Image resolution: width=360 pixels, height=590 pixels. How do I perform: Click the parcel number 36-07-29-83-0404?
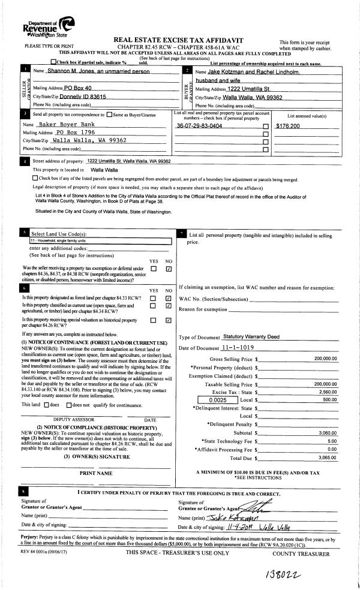[200, 126]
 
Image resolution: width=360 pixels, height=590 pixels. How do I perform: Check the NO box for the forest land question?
[169, 298]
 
